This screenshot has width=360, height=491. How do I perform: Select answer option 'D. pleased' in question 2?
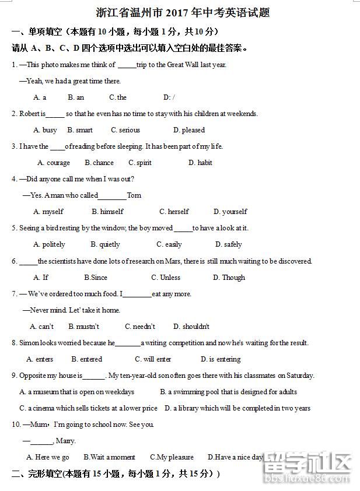pyautogui.click(x=189, y=130)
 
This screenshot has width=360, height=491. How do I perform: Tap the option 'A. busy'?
pyautogui.click(x=46, y=130)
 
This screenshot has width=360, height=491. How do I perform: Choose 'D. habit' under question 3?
pyautogui.click(x=200, y=163)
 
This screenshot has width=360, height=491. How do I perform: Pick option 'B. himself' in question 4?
pyautogui.click(x=107, y=212)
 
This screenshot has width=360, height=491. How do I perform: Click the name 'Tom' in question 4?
pyautogui.click(x=134, y=195)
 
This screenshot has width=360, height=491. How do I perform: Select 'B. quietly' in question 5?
pyautogui.click(x=105, y=244)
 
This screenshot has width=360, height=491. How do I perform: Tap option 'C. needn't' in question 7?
pyautogui.click(x=140, y=327)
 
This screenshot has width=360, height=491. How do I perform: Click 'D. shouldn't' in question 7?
pyautogui.click(x=191, y=327)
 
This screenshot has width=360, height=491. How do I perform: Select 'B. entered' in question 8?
pyautogui.click(x=87, y=359)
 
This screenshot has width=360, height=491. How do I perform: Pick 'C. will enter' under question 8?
pyautogui.click(x=153, y=359)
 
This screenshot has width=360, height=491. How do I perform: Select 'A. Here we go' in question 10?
pyautogui.click(x=48, y=457)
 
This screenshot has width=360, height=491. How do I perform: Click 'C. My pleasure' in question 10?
pyautogui.click(x=172, y=457)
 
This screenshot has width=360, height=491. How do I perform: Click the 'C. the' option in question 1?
pyautogui.click(x=118, y=97)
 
